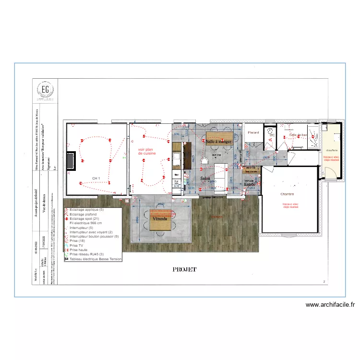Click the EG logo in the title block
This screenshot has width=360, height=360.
pos(45,90)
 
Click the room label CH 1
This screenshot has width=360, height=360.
pos(96,178)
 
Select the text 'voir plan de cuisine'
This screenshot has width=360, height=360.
pos(147,151)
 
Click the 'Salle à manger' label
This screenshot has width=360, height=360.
pos(219,142)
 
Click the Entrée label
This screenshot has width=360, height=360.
pos(250,184)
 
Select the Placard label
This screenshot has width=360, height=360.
pos(253,132)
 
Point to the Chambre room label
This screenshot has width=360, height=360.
pos(287,194)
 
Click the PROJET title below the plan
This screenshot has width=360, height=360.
pos(185,270)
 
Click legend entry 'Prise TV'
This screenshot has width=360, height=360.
pos(77,245)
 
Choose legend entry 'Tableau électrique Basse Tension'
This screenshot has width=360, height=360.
pos(96,259)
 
